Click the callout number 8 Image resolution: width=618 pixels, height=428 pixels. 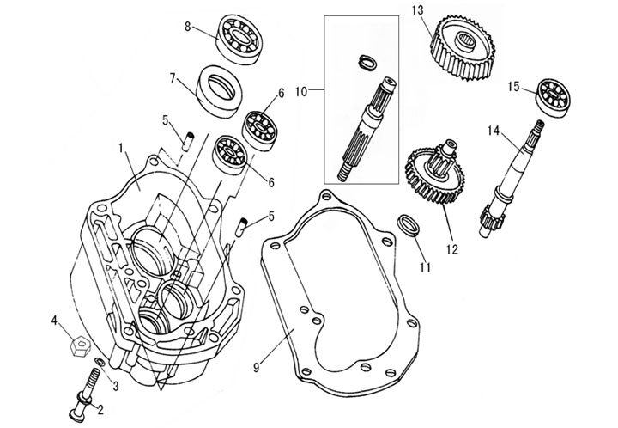pos(188,27)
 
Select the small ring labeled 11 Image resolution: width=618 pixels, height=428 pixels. pos(410,229)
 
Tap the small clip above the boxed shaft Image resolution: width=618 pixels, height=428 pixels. pos(366,61)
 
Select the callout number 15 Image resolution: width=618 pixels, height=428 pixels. pos(513,86)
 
